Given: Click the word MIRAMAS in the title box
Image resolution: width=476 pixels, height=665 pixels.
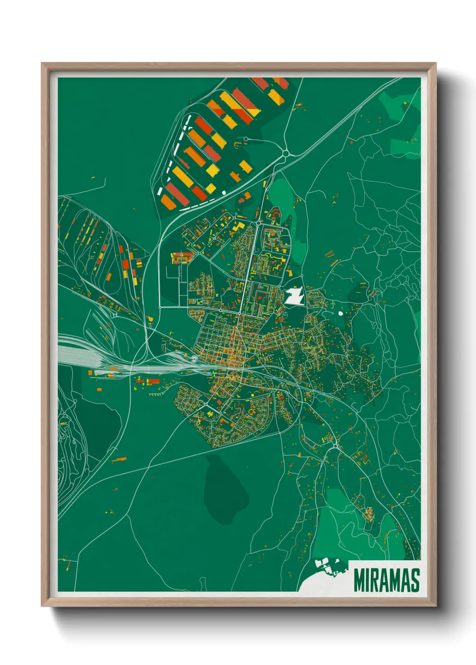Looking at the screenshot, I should click(386, 580).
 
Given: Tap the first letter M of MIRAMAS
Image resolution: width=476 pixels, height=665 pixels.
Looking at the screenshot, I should click(359, 580).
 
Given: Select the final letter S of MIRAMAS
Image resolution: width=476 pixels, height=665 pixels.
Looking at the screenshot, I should click(415, 580).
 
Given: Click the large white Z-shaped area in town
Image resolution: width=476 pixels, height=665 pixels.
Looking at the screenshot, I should click(295, 297).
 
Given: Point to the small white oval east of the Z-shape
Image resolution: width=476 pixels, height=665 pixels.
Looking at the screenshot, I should click(340, 313).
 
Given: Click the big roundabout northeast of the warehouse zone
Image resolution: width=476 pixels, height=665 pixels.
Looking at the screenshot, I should click(286, 154).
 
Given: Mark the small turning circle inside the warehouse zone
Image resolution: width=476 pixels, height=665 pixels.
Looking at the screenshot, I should click(246, 139).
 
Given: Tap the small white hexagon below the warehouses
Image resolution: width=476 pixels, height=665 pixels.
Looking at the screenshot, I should click(224, 192).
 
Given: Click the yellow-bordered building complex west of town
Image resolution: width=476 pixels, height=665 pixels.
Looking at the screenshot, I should click(181, 258).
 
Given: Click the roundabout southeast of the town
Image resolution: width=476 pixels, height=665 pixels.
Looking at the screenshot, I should click(335, 446).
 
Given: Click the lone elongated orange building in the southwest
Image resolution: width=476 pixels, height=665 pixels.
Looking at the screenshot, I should click(119, 459).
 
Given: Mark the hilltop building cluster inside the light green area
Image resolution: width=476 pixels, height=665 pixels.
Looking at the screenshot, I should click(368, 512).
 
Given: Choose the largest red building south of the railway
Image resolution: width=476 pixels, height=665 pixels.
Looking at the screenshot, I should click(153, 381).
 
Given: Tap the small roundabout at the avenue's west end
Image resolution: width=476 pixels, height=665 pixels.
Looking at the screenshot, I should click(160, 307).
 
